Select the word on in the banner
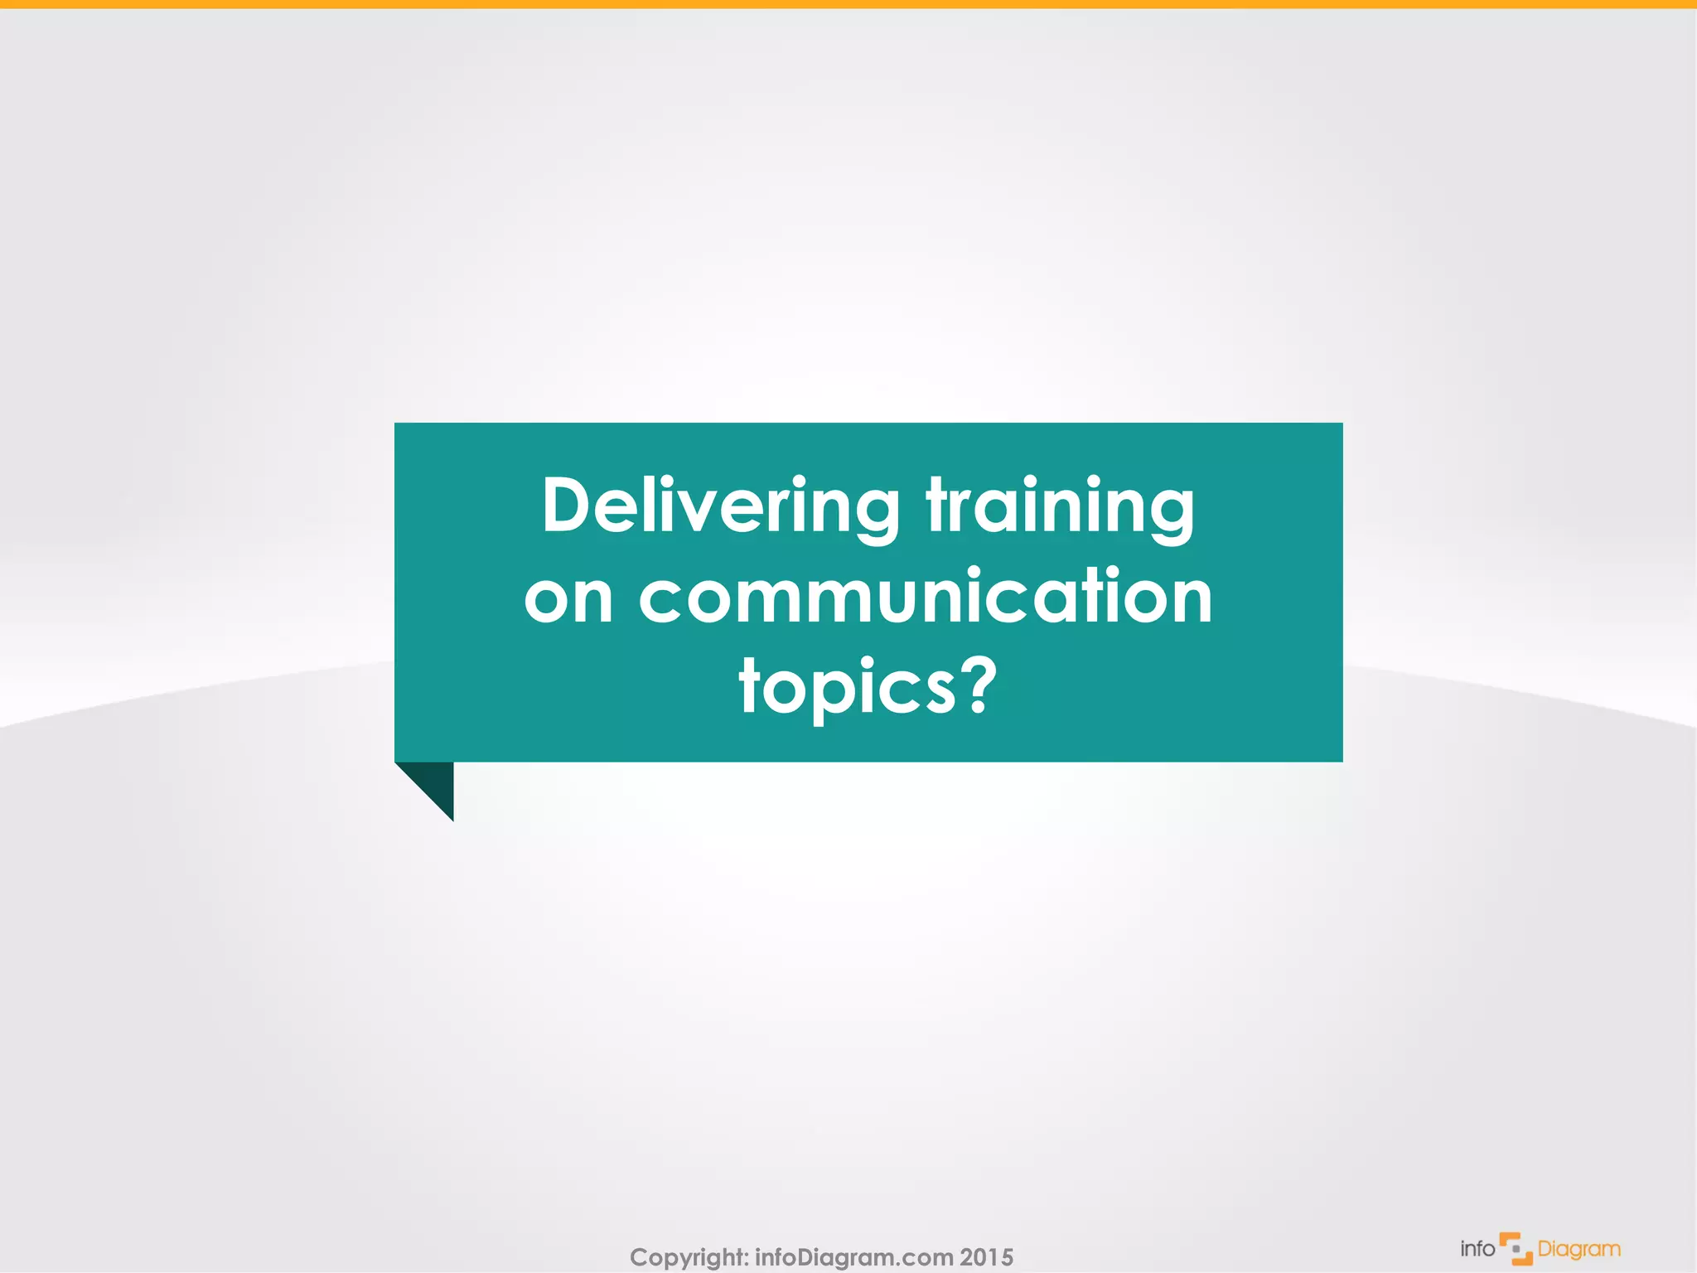(x=568, y=598)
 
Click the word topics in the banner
(x=847, y=688)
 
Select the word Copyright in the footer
(x=687, y=1257)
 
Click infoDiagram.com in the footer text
(x=853, y=1257)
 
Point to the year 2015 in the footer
(x=987, y=1257)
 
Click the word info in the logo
(x=1477, y=1248)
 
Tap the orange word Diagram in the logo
(x=1579, y=1249)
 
